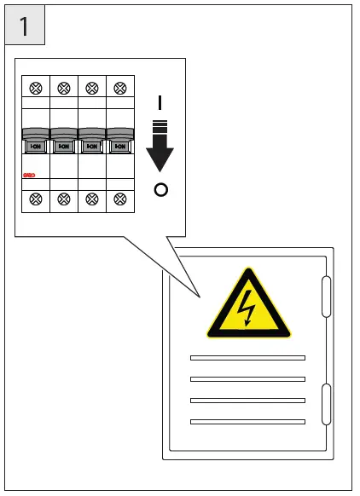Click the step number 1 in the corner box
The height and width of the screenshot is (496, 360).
24,26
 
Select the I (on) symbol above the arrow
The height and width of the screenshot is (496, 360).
160,103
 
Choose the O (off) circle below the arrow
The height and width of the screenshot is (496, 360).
160,189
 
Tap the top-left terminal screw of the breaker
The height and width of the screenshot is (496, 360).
36,88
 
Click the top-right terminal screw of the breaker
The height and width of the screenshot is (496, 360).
120,88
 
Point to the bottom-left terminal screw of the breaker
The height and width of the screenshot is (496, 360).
36,199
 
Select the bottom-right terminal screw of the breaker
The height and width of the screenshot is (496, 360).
120,199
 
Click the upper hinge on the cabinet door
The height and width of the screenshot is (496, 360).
326,296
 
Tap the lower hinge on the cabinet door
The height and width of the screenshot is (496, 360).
326,404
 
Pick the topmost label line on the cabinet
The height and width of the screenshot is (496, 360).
247,357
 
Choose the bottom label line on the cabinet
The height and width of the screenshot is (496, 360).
247,421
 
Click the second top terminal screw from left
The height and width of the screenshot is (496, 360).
64,88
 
